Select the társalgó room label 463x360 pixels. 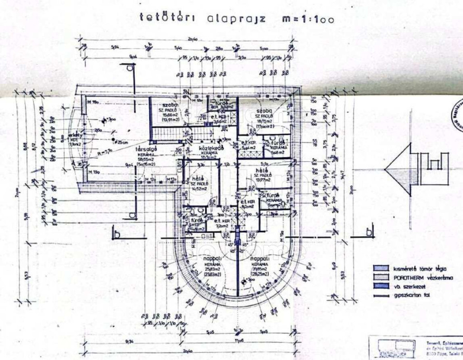[146, 149]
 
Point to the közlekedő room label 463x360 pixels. [208, 149]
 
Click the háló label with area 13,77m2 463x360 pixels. [260, 170]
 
